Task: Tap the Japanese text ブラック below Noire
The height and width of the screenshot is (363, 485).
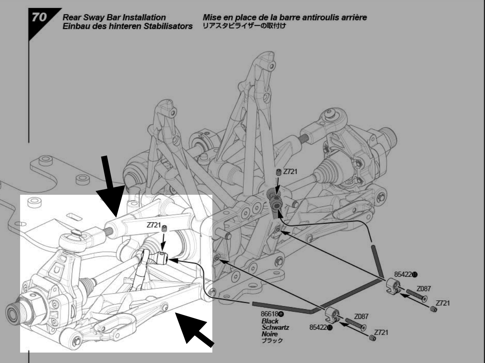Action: [272, 341]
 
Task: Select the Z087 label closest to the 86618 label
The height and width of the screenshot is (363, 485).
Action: [361, 317]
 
